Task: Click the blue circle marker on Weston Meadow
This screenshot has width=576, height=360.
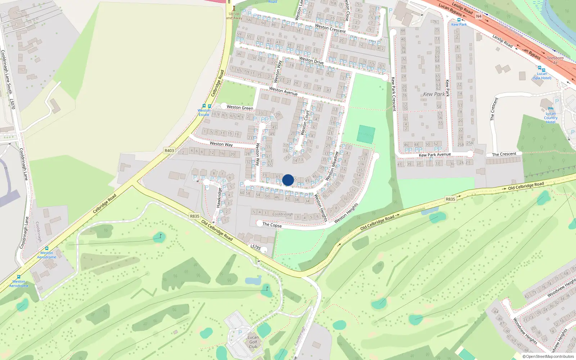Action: tap(288, 180)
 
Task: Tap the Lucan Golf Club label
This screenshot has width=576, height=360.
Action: tap(253, 342)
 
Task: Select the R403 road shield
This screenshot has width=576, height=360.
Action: tap(169, 150)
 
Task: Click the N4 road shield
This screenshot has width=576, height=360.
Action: tap(478, 16)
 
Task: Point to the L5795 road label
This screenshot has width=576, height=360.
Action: tap(255, 247)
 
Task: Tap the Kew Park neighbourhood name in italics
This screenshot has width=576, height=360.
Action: tap(434, 94)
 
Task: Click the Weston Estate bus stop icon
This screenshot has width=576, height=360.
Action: tap(207, 106)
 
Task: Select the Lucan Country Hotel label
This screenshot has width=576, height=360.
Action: tap(550, 118)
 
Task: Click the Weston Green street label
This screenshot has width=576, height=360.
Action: tap(240, 107)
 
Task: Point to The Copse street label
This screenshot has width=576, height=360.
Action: tap(272, 225)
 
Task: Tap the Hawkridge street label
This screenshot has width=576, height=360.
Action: tap(219, 198)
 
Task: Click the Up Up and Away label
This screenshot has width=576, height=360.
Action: tap(234, 16)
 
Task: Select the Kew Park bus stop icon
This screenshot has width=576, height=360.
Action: tap(459, 20)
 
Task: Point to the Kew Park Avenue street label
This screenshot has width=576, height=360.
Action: tap(435, 155)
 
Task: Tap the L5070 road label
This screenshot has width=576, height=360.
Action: tap(12, 104)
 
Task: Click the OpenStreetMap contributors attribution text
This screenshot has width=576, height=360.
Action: tap(548, 356)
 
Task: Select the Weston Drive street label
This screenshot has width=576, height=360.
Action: tap(311, 60)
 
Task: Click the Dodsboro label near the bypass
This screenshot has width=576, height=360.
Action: tap(555, 58)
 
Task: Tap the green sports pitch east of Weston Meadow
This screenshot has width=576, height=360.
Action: tap(366, 134)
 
